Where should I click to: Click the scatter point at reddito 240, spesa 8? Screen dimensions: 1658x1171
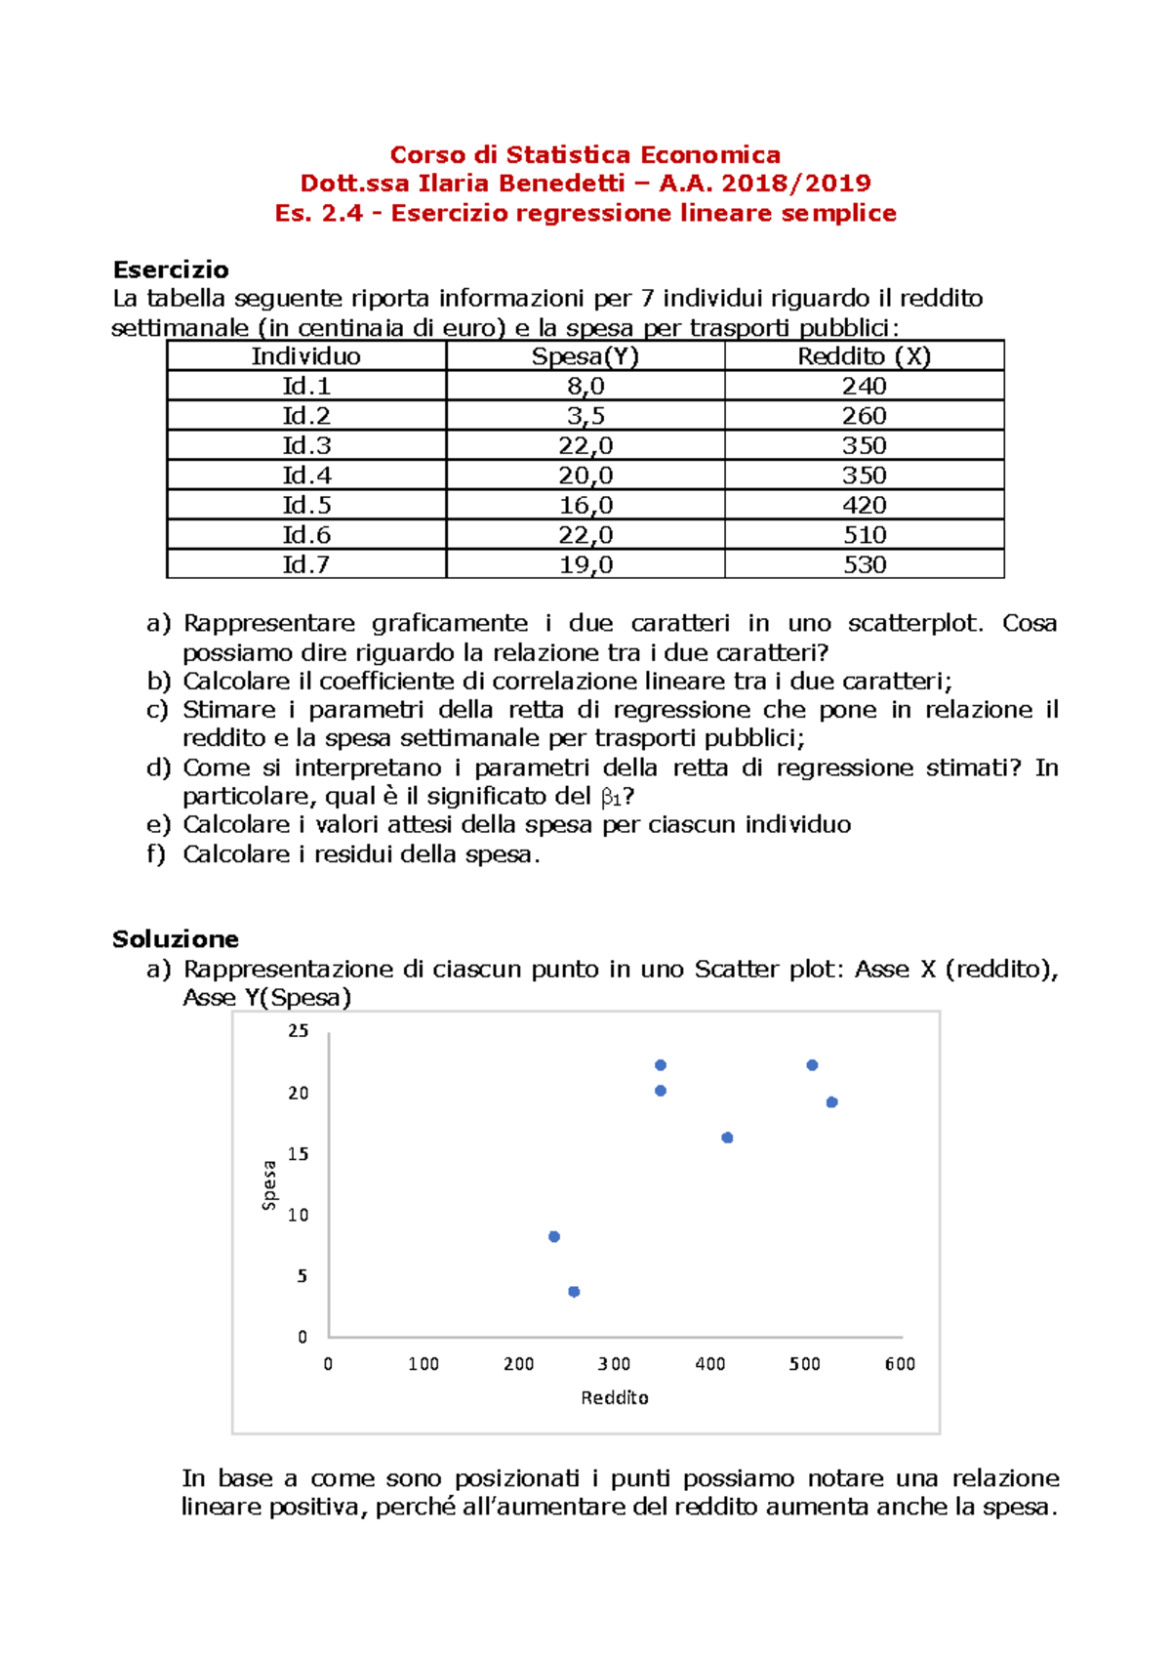coord(554,1236)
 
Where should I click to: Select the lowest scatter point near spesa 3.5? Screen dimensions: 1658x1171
coord(574,1291)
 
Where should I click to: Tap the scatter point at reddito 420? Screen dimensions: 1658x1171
coord(727,1138)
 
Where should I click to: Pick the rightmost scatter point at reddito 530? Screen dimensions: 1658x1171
coord(831,1102)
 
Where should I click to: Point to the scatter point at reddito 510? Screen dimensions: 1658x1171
coord(812,1065)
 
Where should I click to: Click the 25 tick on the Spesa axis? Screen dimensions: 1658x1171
coord(298,1031)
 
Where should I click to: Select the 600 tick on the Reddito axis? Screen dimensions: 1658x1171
coord(900,1364)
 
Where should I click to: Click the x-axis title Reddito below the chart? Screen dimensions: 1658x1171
coord(615,1398)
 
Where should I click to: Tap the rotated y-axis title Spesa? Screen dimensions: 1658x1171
coord(269,1185)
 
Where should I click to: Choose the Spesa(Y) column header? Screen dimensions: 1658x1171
coord(585,356)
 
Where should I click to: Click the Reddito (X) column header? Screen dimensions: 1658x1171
coord(865,356)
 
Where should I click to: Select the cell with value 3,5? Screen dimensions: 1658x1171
coord(585,416)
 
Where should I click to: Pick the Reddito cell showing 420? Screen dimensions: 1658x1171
coord(865,506)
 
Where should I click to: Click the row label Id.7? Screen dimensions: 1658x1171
coord(305,565)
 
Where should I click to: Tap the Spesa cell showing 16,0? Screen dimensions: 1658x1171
coord(585,506)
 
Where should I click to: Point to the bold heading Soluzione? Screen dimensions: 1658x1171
coord(176,939)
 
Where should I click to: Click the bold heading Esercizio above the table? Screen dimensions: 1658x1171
coord(171,269)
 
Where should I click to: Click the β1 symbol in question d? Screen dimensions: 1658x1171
coord(612,798)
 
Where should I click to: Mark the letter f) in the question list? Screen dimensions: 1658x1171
coord(156,854)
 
